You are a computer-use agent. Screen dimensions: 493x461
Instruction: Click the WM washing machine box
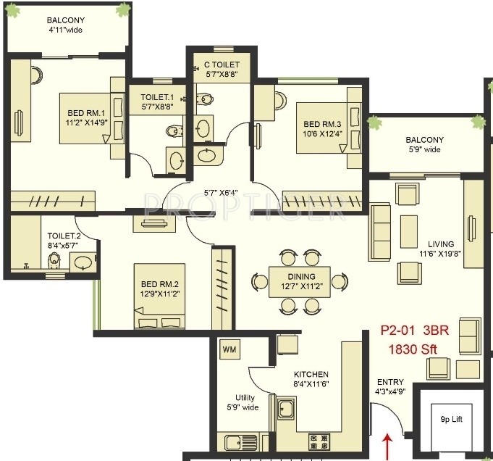229,349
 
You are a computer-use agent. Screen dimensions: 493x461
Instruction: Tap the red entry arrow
388,447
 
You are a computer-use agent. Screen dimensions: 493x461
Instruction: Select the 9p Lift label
452,419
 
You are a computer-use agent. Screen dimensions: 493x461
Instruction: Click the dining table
300,282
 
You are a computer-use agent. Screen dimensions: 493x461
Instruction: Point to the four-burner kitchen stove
319,442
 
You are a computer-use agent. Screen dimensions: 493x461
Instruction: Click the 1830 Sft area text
413,349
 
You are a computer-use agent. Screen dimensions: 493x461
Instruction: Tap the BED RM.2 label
160,284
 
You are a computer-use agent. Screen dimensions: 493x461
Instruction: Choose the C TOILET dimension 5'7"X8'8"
222,75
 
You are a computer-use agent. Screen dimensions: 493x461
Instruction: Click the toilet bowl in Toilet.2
54,261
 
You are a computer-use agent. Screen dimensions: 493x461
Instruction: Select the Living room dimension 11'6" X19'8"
440,254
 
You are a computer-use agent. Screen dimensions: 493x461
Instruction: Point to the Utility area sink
241,442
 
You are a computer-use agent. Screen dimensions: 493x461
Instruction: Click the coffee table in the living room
409,231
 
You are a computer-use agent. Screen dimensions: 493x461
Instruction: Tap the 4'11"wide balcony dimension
65,30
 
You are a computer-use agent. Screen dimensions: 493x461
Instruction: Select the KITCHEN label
311,375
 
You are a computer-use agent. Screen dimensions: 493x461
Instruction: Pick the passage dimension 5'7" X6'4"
221,193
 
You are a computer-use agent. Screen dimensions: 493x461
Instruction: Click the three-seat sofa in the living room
380,233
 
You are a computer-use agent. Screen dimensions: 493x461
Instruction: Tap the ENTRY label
390,382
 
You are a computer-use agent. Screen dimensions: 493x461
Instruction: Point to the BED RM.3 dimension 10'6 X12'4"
322,134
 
